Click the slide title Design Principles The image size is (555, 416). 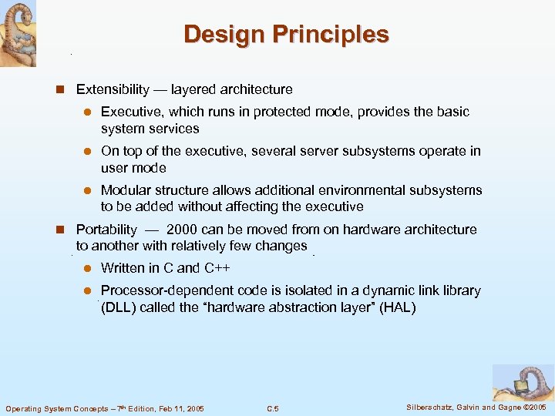point(286,35)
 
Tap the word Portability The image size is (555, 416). point(106,230)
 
